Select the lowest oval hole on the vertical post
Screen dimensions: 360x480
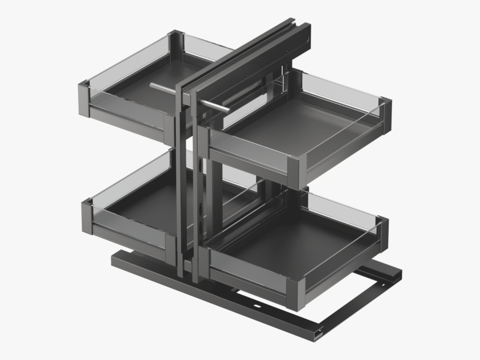coord(202,230)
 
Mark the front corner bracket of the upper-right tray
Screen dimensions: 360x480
coord(297,171)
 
